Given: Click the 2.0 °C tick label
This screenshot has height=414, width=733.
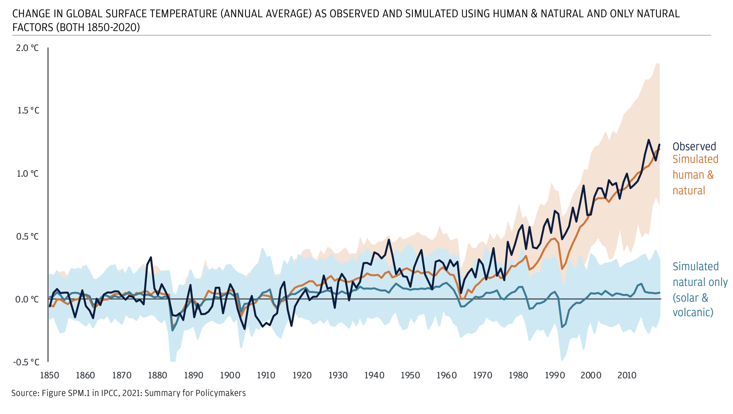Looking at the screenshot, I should (x=27, y=48).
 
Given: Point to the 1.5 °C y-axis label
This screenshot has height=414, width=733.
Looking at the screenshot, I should (x=27, y=111).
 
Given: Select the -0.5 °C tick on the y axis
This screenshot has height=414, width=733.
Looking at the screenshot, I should (x=26, y=362).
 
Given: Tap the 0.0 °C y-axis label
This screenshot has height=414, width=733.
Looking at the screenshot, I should (x=27, y=299).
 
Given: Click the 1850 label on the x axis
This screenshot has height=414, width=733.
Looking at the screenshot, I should (x=49, y=375).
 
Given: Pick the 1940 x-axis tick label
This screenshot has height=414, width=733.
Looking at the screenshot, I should (x=374, y=375).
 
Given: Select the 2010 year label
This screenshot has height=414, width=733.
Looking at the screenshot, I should (x=627, y=375).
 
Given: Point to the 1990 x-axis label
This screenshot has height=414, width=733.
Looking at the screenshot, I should (x=555, y=375).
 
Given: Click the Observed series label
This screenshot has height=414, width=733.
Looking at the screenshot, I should (x=694, y=146).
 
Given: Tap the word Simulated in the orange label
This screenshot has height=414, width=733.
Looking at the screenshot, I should (x=695, y=159).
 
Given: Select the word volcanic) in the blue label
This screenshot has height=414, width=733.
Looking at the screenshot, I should (x=693, y=312).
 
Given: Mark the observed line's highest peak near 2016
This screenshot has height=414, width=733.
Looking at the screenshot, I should (x=648, y=140).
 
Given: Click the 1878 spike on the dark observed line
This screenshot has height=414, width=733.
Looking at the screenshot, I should (x=151, y=257).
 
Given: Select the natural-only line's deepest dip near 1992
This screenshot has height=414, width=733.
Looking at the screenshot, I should (x=562, y=327).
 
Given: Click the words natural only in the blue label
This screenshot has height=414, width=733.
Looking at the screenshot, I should (x=700, y=282).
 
